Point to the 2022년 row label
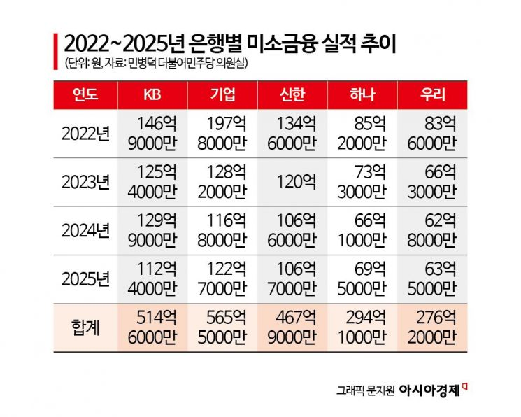85,133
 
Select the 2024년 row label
85,230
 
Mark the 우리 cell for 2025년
432,278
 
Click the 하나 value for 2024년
362,230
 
